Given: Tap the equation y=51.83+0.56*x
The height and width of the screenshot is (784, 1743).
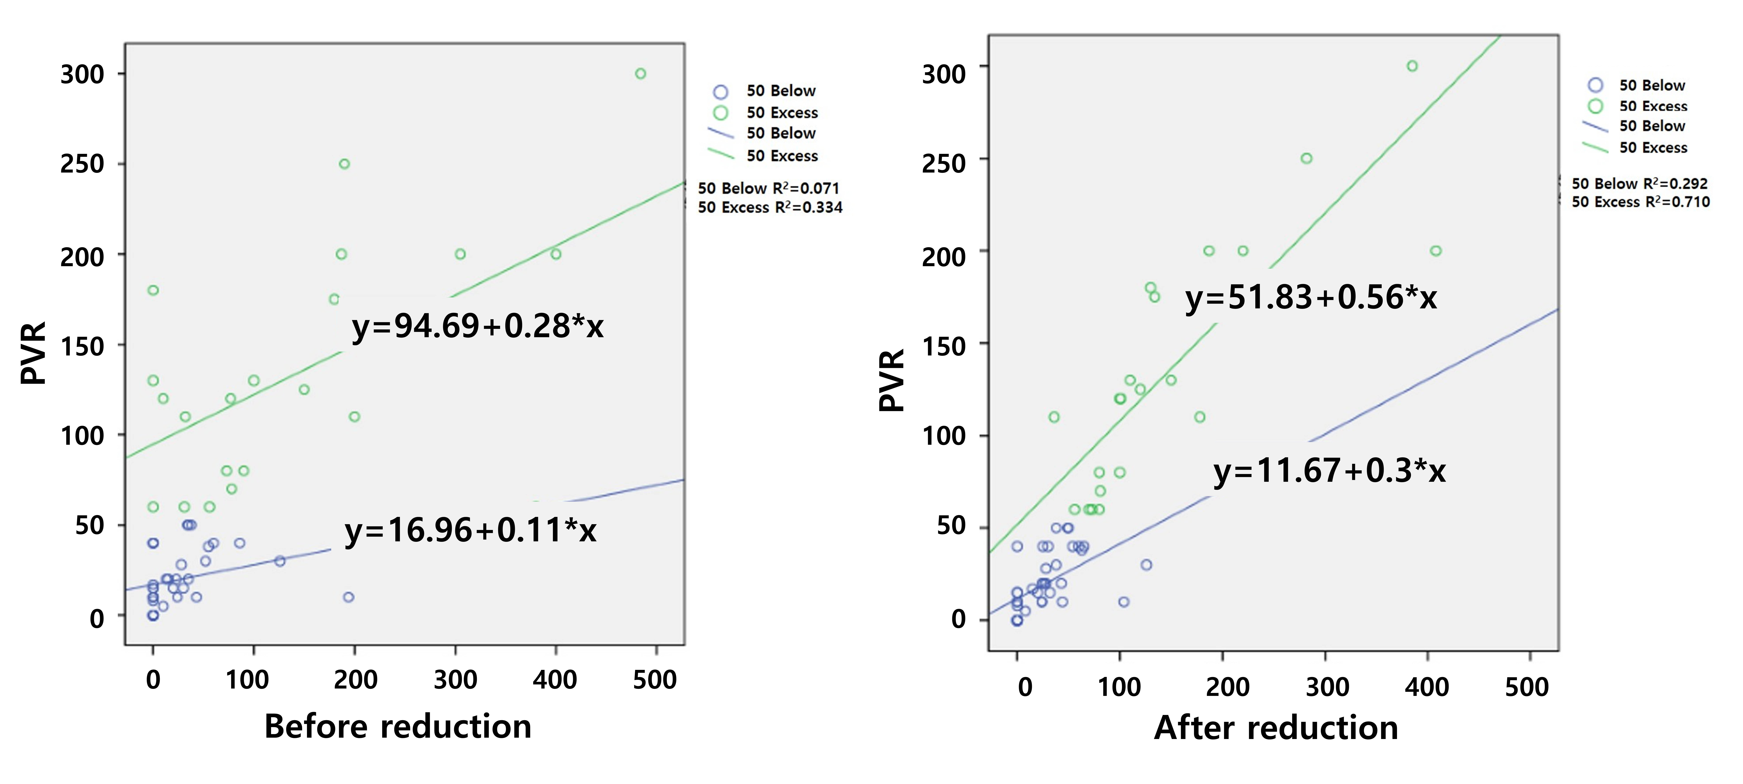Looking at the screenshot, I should click(1311, 297).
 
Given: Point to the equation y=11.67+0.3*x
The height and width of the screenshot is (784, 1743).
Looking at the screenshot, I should click(1329, 470).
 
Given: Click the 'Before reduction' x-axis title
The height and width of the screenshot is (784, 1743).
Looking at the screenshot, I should click(398, 726).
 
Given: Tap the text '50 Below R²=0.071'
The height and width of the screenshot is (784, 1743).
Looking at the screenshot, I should click(769, 188).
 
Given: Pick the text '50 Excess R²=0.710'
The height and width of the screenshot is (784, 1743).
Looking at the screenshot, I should click(1640, 202).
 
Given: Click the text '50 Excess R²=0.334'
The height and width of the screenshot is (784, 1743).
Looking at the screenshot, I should click(770, 207).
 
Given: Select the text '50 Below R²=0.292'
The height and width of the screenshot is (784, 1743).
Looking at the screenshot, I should click(1639, 183).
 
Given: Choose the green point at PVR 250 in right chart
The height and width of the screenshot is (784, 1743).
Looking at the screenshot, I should click(1307, 159).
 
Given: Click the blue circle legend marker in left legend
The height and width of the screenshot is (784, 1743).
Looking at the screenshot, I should click(721, 91).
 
